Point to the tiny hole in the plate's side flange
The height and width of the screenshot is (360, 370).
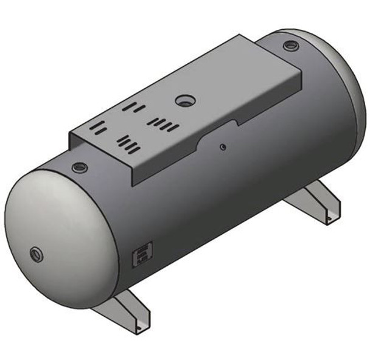(x=223, y=146)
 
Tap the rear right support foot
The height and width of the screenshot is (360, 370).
(x=318, y=204)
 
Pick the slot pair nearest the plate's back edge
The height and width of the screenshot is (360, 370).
(x=133, y=108)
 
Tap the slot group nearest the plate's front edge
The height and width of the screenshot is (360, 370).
(x=129, y=145)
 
